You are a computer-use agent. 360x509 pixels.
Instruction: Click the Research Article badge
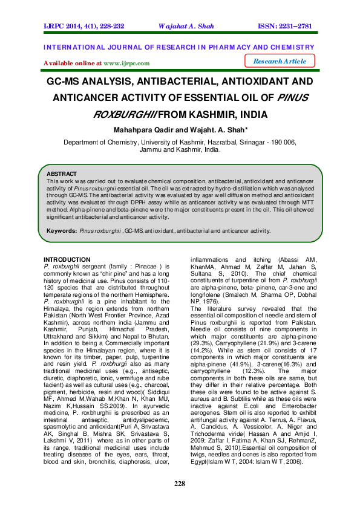click(x=280, y=61)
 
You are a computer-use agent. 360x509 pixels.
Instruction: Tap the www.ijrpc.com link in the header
click(x=126, y=63)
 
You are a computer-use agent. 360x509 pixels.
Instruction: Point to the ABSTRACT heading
click(x=62, y=173)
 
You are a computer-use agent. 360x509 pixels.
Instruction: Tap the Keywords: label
click(x=61, y=230)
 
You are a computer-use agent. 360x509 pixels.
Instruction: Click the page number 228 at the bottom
click(x=179, y=484)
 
